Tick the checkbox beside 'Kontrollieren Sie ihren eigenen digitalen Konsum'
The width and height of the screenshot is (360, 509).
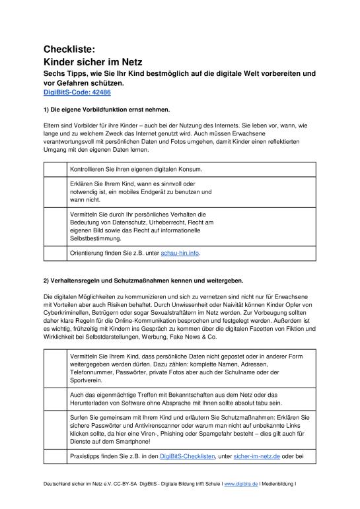[x=55, y=169]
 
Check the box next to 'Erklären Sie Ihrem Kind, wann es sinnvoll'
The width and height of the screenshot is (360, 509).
[x=55, y=192]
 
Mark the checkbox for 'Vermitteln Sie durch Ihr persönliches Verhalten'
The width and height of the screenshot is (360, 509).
[x=55, y=226]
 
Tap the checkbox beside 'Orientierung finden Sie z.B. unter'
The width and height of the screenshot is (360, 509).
[x=55, y=254]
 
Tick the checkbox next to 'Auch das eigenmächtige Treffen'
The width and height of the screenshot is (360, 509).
[x=55, y=398]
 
